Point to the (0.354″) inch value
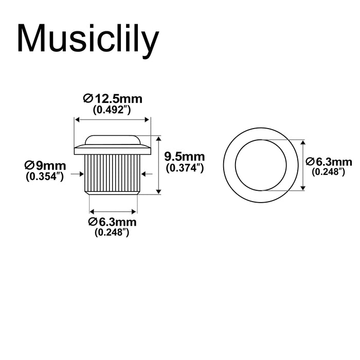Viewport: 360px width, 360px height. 45,176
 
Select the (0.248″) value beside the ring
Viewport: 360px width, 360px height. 329,172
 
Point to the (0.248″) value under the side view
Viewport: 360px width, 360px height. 112,232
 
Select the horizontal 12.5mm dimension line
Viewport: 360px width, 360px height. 113,119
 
